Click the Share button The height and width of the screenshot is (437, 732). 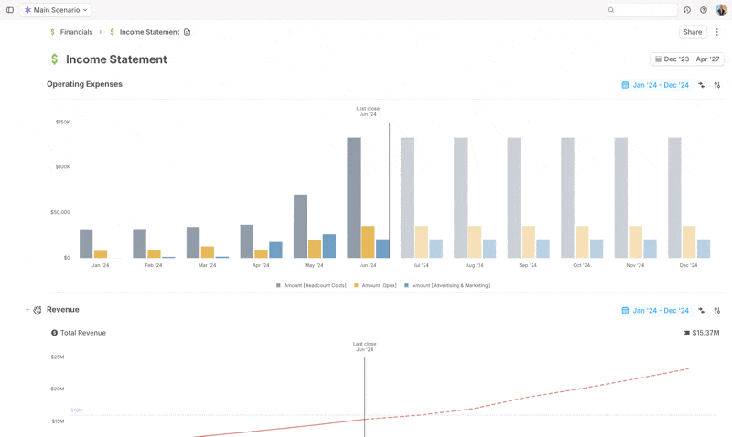coord(693,32)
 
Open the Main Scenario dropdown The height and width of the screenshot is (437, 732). coord(57,10)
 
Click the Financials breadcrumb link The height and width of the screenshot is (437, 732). coord(76,32)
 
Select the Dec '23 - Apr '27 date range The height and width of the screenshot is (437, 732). coord(686,59)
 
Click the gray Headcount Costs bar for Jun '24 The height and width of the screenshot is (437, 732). coord(353,197)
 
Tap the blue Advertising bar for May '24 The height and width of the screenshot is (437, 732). coord(329,246)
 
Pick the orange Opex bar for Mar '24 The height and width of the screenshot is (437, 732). coord(208,251)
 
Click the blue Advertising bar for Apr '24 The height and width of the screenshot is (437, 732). coord(275,250)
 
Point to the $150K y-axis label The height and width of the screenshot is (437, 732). coord(62,122)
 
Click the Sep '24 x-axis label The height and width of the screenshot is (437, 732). coord(528,265)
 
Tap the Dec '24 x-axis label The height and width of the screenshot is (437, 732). coord(689,265)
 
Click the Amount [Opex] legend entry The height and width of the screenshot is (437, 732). coord(379,285)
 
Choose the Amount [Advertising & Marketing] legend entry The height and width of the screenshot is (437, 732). coord(449,285)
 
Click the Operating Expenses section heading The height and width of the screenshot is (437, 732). coord(84,84)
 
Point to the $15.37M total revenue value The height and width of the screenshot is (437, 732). coord(706,333)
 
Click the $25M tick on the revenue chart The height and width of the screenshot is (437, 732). coord(58,357)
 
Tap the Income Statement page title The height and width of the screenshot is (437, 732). coord(116,59)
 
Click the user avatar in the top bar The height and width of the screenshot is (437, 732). coord(721,10)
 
